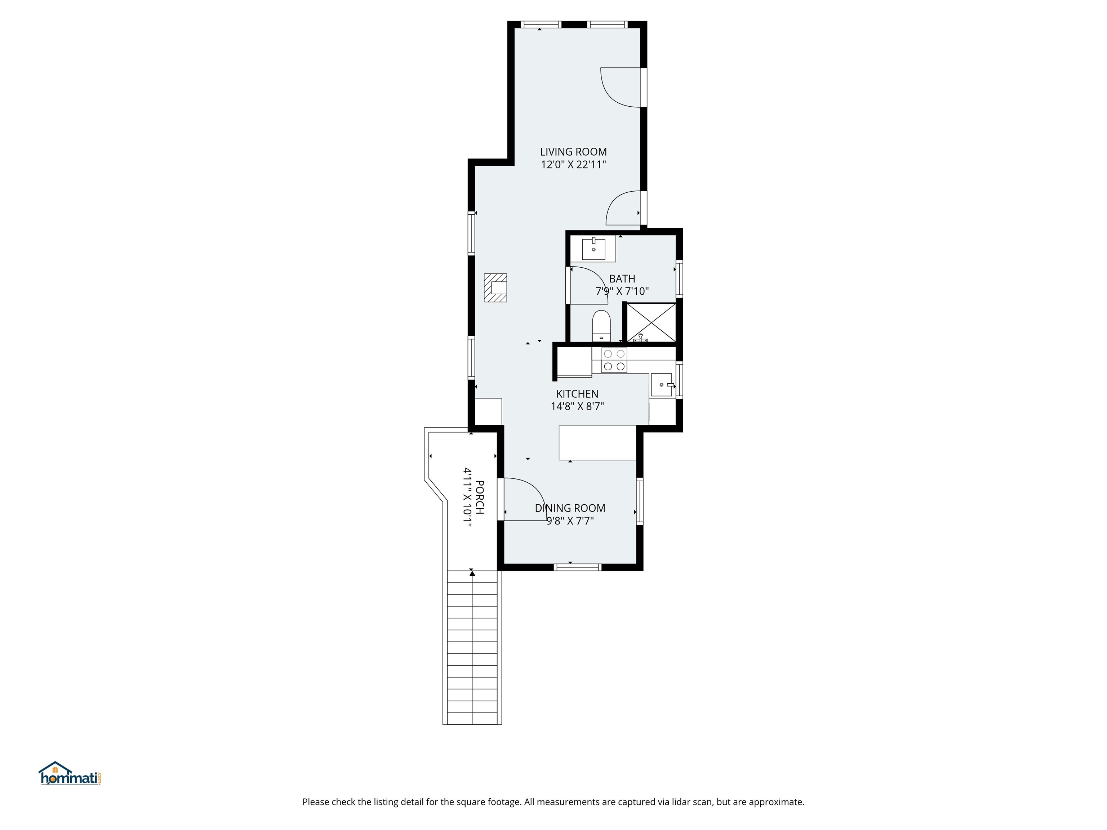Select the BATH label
(622, 279)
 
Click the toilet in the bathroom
(601, 325)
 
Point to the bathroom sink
(593, 249)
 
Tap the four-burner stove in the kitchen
(614, 360)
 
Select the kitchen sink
(662, 385)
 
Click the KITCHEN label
(577, 394)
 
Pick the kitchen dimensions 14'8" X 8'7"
(577, 406)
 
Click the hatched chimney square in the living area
(495, 288)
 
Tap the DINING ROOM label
(570, 508)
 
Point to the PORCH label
(479, 497)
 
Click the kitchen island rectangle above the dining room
(597, 443)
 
